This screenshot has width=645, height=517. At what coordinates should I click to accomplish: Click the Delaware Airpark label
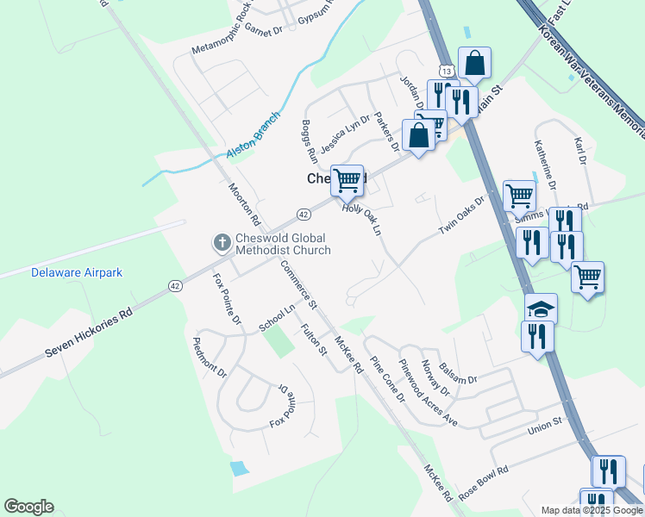77,272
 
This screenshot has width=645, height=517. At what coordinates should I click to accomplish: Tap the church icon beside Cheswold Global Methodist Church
221,243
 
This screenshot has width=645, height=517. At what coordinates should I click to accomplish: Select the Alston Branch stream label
254,135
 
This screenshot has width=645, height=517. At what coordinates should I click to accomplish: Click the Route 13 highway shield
445,69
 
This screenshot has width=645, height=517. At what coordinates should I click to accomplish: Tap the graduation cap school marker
542,309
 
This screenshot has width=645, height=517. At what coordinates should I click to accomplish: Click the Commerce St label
299,285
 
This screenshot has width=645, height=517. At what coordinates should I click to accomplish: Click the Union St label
545,423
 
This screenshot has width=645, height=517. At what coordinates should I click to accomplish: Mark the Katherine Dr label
545,165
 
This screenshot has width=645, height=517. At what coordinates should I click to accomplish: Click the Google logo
28,507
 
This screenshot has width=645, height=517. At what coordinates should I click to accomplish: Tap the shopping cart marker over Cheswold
348,180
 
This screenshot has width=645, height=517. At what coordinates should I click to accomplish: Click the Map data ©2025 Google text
592,510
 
